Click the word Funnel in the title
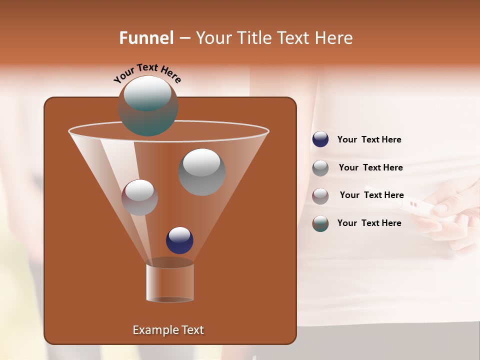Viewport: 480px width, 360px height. (146, 38)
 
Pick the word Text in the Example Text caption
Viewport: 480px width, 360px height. (192, 330)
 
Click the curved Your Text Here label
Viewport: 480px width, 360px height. (147, 72)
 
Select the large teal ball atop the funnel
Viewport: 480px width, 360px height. (148, 106)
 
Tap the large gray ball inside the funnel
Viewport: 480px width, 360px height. (201, 171)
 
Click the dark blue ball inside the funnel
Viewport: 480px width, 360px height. (179, 240)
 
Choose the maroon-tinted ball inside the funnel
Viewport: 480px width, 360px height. (139, 197)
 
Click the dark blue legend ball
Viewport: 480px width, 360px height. (320, 139)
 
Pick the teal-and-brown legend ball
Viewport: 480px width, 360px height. (320, 223)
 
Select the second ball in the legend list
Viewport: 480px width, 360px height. (320, 168)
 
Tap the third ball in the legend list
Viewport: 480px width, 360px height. (320, 195)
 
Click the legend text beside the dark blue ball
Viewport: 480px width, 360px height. (369, 140)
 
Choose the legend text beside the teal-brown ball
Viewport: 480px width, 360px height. (369, 223)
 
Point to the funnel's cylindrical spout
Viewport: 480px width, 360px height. (170, 282)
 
